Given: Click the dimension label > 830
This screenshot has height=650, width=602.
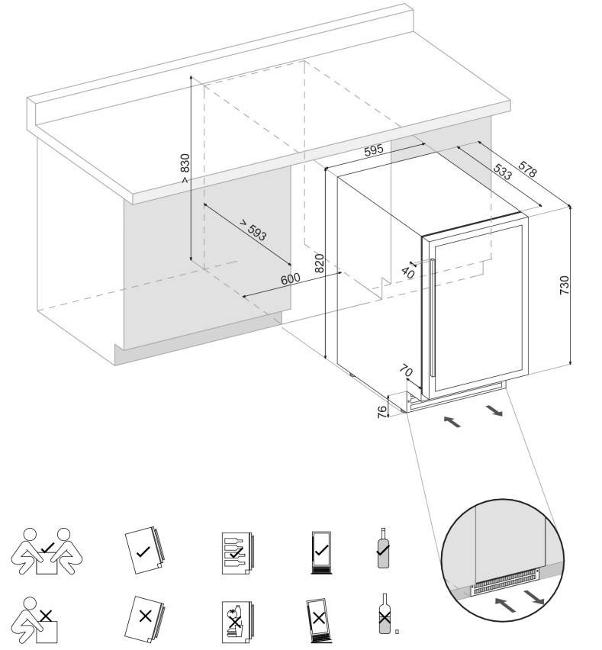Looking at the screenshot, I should coord(184,169).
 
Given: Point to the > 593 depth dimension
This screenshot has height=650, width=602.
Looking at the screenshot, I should coord(254,230).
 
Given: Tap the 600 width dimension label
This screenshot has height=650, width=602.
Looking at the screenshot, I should coord(290,279).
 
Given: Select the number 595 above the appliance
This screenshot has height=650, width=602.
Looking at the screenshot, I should coord(373,151).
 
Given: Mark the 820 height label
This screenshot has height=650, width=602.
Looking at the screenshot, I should coord(320,264).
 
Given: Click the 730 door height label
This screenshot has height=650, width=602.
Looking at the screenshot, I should coord(564,285).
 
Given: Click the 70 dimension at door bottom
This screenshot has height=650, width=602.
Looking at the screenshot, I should coord(407,372).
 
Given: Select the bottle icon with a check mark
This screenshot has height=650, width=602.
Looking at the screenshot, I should coord(383,546).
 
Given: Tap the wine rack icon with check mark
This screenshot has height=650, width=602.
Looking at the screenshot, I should coord(236,550).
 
